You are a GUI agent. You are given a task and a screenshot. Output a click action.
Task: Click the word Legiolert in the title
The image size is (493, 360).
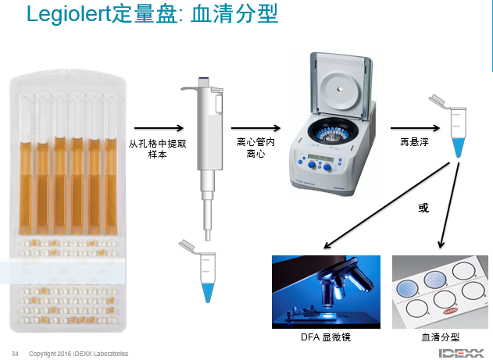(69, 15)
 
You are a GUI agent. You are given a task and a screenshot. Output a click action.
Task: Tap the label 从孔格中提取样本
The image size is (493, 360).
(158, 149)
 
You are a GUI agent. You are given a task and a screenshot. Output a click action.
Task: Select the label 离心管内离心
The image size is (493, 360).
(255, 148)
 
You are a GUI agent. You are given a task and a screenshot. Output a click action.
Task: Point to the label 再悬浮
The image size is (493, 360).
(414, 142)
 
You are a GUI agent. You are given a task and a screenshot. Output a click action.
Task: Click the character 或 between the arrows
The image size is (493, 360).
(423, 208)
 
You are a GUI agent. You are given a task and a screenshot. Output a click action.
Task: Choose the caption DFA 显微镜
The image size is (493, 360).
(326, 337)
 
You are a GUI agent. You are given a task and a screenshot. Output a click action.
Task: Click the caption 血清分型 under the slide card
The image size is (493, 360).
(440, 337)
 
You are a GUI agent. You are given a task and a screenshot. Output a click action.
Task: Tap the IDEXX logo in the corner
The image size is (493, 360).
(462, 353)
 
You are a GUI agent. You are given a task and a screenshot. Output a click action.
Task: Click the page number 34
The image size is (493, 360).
(15, 354)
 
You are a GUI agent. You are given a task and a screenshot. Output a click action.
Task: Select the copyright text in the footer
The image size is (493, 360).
(79, 354)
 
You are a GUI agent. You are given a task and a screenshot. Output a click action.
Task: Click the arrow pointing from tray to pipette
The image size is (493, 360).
(159, 128)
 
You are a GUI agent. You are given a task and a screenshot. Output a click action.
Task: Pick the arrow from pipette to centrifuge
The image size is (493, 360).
(255, 128)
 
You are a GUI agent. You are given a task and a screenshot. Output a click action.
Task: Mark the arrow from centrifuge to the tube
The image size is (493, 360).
(415, 128)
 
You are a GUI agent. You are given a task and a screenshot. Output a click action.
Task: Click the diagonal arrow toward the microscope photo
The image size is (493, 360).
(387, 205)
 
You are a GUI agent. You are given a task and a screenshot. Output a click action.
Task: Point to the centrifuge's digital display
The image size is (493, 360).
(320, 157)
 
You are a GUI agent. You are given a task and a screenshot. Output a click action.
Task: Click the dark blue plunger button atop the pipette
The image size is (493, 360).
(204, 78)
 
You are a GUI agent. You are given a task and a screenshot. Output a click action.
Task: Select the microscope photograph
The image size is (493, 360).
(326, 292)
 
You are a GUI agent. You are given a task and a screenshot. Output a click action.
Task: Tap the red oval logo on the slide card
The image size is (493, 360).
(450, 312)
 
